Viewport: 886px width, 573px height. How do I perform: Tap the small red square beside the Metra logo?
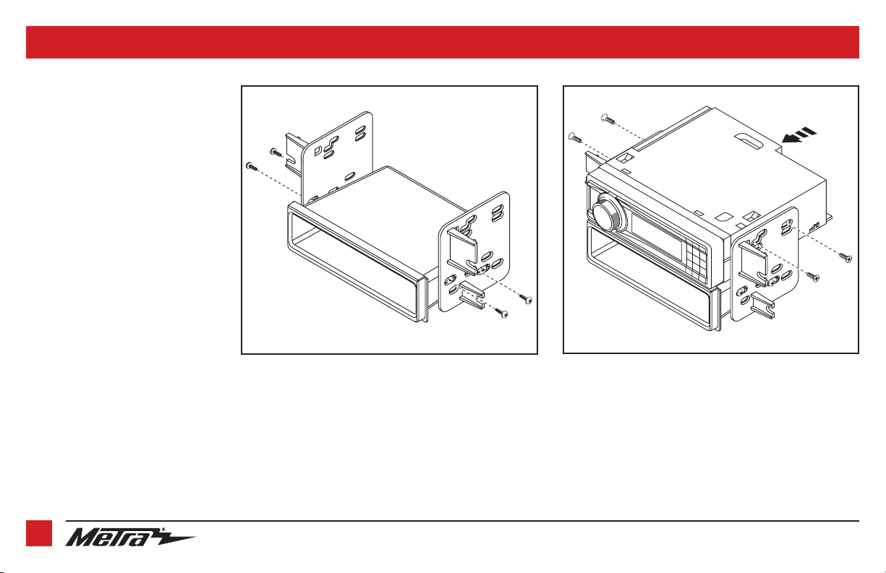(x=39, y=533)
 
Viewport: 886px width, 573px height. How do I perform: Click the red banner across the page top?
(x=443, y=43)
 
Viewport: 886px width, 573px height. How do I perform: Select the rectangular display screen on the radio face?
(x=657, y=236)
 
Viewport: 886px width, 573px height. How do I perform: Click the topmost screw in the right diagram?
(x=608, y=119)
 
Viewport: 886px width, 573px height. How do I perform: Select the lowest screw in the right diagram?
(x=813, y=277)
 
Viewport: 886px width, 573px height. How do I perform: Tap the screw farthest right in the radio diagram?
(x=846, y=258)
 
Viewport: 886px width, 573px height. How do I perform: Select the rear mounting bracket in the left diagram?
(x=336, y=158)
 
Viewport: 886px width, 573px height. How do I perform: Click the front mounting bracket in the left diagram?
(x=474, y=253)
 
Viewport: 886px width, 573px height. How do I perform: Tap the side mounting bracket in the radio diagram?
(x=765, y=264)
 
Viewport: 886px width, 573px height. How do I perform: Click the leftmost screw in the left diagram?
(x=252, y=166)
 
